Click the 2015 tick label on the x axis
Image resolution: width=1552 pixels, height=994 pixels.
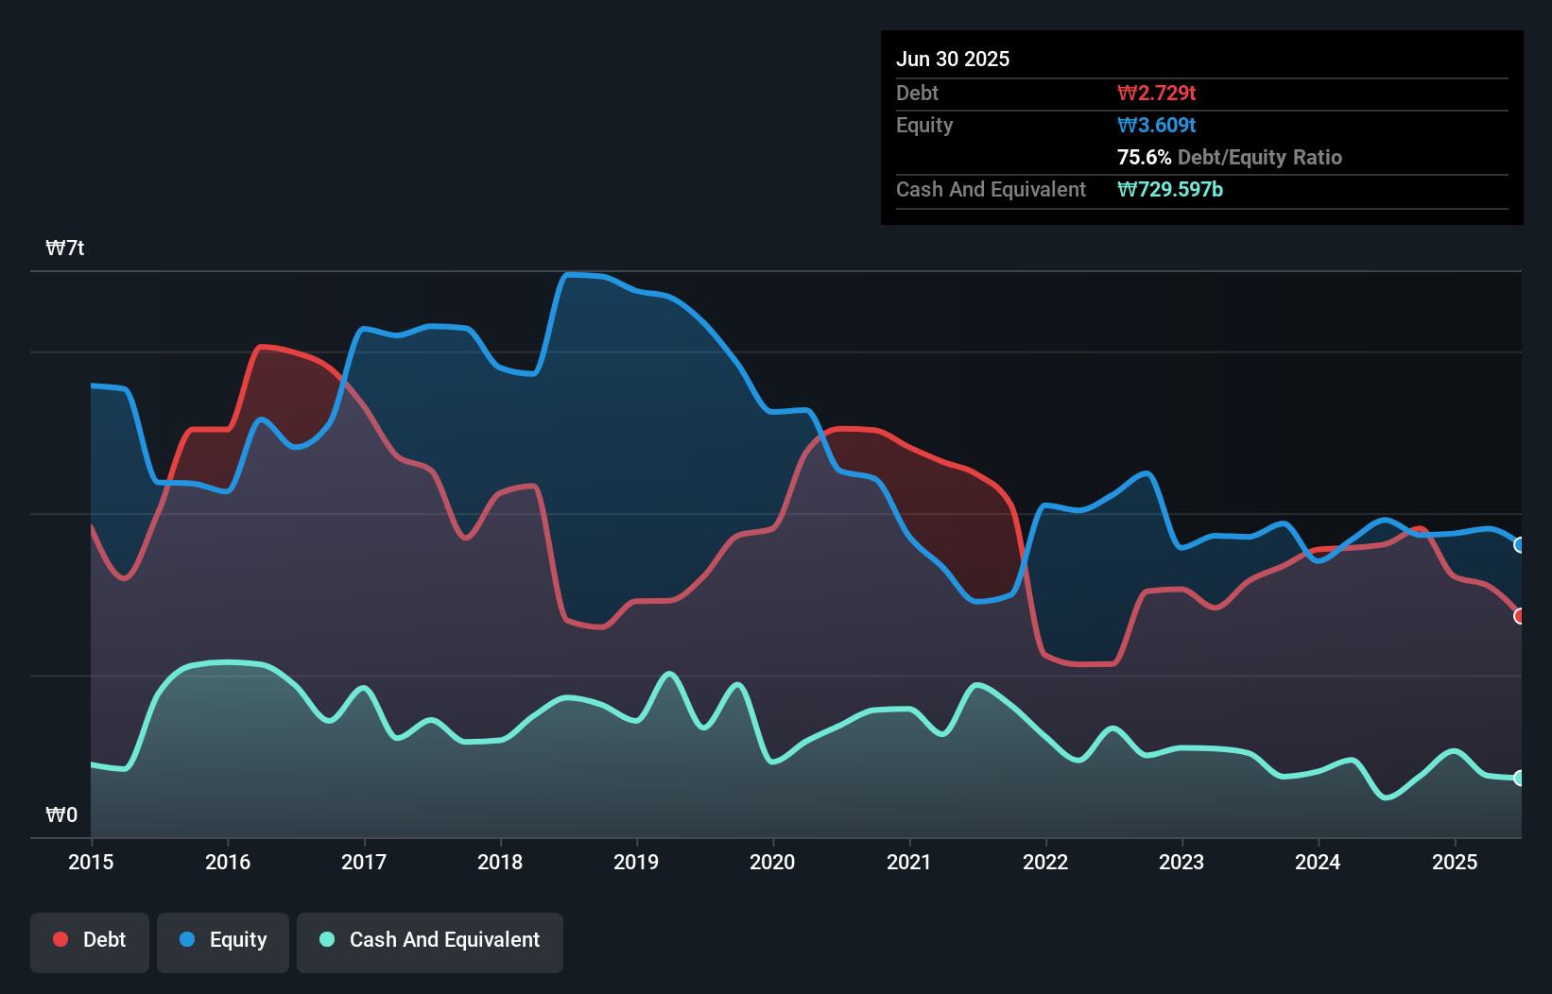tap(91, 862)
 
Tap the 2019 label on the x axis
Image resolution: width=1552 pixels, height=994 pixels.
tap(636, 862)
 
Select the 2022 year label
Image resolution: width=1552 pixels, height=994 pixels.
tap(1045, 862)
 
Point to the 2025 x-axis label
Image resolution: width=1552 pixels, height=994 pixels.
tap(1455, 862)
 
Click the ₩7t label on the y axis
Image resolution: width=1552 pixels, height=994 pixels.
tap(65, 248)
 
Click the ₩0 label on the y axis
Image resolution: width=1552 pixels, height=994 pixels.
tap(61, 814)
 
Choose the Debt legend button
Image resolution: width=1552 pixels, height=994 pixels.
tap(90, 940)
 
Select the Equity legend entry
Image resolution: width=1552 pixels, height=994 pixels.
tap(223, 940)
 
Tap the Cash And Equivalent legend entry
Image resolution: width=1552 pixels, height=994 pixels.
tap(430, 940)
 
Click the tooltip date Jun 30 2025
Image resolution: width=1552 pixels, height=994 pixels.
tap(953, 59)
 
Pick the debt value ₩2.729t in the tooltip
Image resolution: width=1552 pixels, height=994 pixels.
tap(1156, 93)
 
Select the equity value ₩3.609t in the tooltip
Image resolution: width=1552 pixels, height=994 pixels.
tap(1156, 125)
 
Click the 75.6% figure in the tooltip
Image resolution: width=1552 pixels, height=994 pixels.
tap(1144, 157)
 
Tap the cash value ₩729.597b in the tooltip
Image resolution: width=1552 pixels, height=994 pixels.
tap(1169, 189)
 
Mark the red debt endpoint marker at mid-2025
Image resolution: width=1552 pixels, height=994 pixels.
tap(1520, 616)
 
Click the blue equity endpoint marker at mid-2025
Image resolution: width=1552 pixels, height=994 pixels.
tap(1520, 545)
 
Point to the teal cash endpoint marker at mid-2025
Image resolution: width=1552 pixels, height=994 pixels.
tap(1520, 779)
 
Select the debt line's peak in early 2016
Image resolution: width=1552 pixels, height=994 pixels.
tap(263, 347)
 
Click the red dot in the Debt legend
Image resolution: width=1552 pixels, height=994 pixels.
tap(60, 939)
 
